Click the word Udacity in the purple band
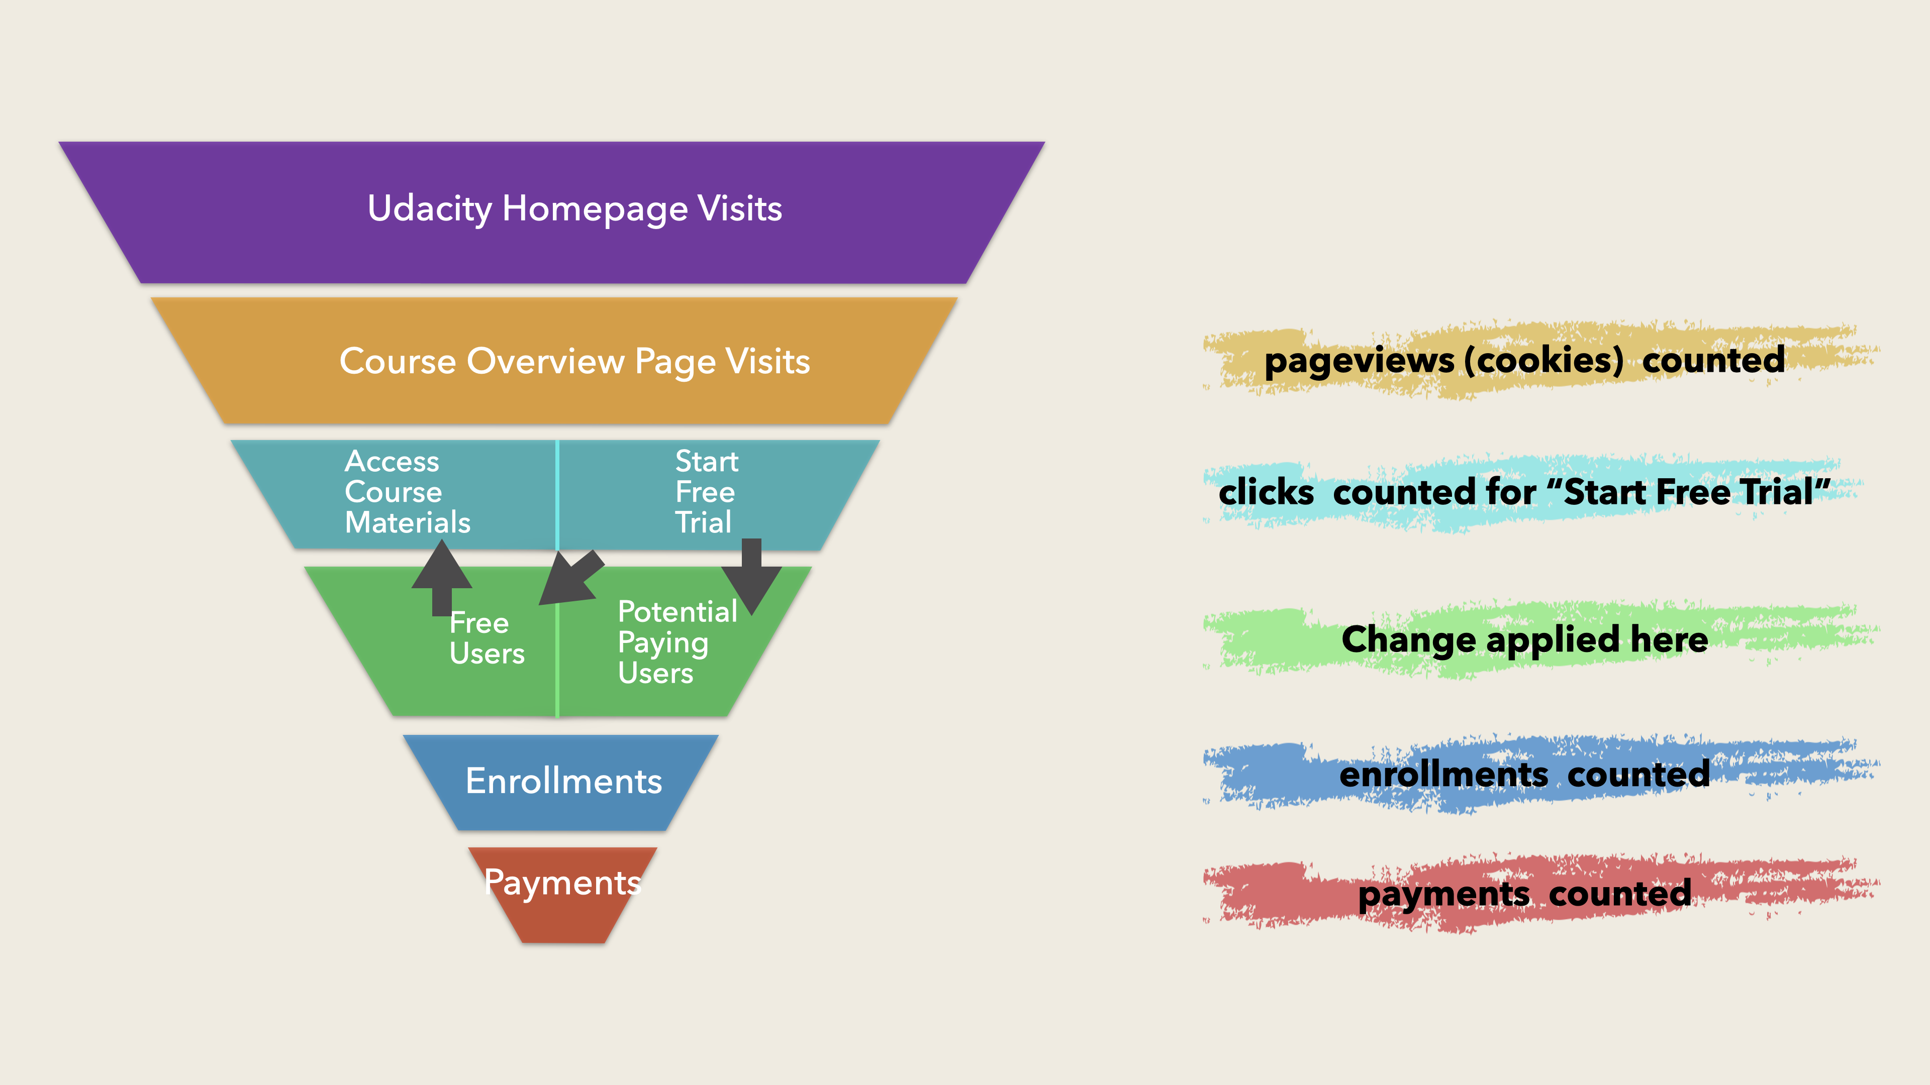click(x=429, y=209)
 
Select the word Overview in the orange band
click(x=545, y=362)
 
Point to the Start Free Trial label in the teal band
click(x=706, y=492)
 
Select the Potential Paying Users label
click(x=677, y=642)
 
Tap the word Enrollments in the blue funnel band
click(x=563, y=782)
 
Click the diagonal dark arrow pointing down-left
click(x=571, y=578)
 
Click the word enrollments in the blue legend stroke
click(x=1443, y=774)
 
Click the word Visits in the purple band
click(x=739, y=209)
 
